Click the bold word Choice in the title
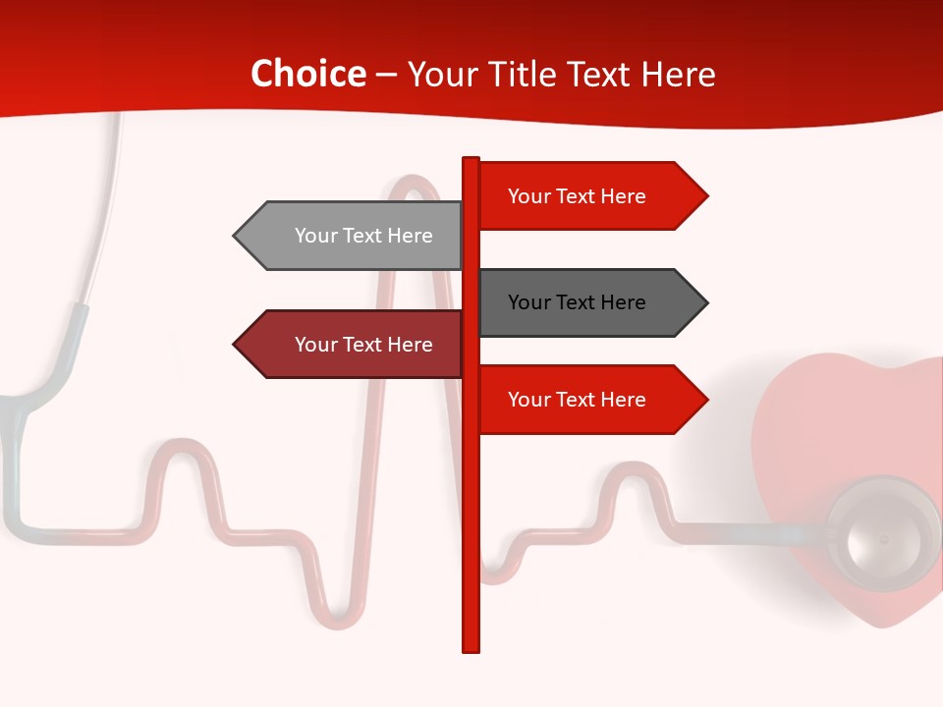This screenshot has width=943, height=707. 307,75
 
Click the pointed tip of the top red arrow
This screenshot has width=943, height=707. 705,196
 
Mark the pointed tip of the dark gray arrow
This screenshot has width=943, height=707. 705,302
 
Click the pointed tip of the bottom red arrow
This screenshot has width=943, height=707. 705,400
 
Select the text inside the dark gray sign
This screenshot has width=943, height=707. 577,302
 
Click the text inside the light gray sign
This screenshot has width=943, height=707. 363,236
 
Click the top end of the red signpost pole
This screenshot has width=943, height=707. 471,161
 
